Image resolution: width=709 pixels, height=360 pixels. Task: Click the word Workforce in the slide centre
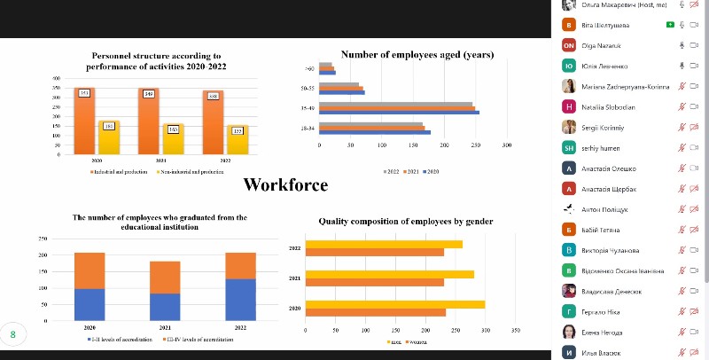(x=285, y=185)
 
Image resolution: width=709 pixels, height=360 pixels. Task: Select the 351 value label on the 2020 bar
(x=84, y=93)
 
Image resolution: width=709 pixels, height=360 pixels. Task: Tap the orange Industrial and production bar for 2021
(x=149, y=120)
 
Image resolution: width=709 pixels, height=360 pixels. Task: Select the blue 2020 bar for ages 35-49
(x=399, y=113)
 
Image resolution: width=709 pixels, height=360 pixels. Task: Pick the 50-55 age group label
(x=308, y=89)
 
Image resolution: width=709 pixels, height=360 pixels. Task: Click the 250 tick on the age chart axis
(x=475, y=145)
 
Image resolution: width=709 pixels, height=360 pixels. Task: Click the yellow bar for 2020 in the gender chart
(x=395, y=304)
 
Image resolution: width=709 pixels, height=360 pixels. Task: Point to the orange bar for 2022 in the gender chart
(x=374, y=252)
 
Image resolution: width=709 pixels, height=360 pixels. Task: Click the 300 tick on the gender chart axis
(x=484, y=330)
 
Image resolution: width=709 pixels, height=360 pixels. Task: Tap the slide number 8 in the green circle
(x=13, y=334)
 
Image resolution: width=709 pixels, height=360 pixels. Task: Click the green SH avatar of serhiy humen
(x=569, y=147)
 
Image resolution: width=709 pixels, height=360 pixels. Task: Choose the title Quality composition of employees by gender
(x=407, y=222)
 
